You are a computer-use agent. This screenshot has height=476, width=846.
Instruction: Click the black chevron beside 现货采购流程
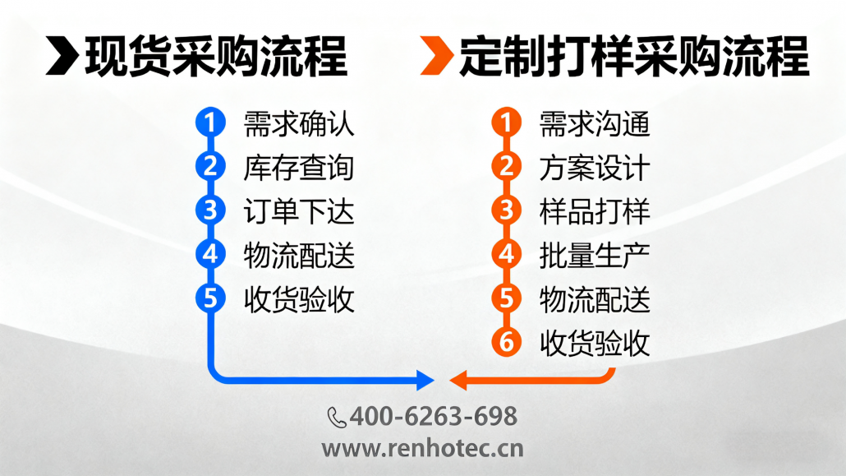pos(63,55)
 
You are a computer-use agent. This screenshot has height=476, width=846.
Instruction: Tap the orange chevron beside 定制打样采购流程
pos(437,55)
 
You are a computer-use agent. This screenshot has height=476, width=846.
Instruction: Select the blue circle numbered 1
pos(210,122)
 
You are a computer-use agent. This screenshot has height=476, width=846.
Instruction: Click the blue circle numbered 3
pos(210,210)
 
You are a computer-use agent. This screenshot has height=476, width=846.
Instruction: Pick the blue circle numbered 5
pos(210,298)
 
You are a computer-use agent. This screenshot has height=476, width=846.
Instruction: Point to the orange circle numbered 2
pos(506,166)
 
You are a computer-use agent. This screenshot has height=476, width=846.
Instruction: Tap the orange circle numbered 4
pos(506,254)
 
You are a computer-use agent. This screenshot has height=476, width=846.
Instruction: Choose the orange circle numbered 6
pos(506,341)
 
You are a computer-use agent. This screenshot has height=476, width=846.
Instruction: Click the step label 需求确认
pos(299,124)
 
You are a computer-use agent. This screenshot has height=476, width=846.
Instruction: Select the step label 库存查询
pos(299,168)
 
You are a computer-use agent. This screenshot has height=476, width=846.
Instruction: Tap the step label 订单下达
pos(299,212)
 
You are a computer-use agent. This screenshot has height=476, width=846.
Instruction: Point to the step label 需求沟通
pos(595,124)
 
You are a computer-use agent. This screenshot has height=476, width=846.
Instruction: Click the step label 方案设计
pos(595,168)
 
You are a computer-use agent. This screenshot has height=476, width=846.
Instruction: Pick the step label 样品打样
pos(595,212)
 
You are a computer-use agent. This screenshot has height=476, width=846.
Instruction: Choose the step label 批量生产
pos(595,256)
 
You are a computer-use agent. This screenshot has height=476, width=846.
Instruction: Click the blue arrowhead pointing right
pos(425,380)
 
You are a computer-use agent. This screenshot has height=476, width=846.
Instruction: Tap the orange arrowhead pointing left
pos(458,380)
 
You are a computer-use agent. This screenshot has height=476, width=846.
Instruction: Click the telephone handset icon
pos(337,418)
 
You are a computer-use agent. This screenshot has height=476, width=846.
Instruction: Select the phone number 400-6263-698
pos(433,417)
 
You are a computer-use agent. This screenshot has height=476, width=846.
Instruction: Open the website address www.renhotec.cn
pos(422,448)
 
